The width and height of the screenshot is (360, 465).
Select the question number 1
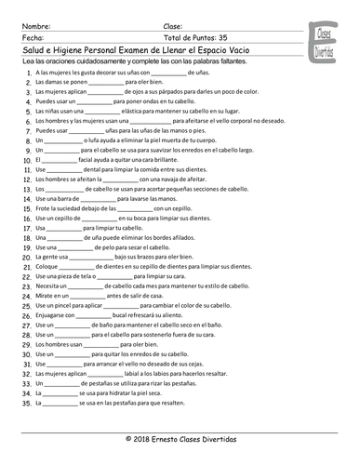coord(21,70)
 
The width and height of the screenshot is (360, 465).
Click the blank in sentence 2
coord(105,79)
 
